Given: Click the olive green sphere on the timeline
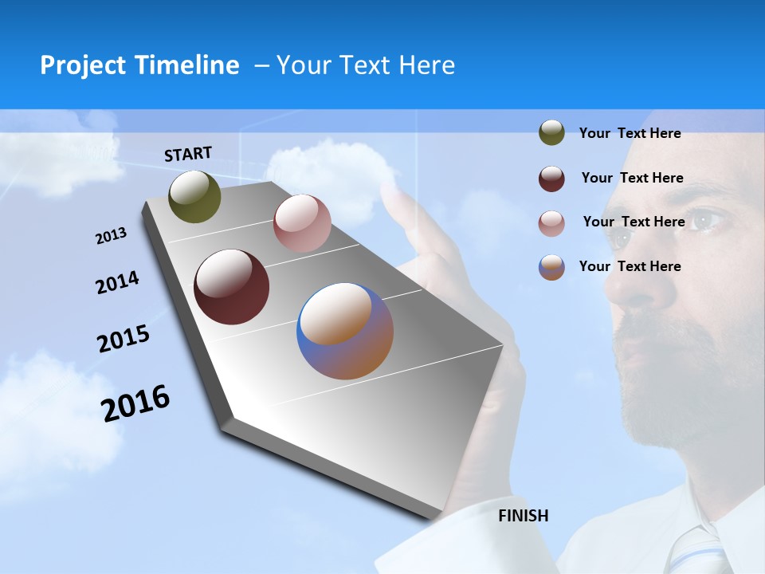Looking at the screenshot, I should pyautogui.click(x=195, y=196).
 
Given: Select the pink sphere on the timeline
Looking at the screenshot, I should pyautogui.click(x=302, y=223).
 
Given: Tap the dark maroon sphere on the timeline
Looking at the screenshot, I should pyautogui.click(x=232, y=287).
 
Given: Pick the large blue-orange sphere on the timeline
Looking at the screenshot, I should pyautogui.click(x=345, y=331).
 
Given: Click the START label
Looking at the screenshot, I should pyautogui.click(x=188, y=154).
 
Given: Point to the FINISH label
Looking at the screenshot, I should pyautogui.click(x=524, y=516).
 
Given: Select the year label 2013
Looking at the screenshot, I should pyautogui.click(x=111, y=236).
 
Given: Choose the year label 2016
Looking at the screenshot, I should pyautogui.click(x=135, y=403).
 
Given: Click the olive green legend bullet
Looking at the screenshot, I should pyautogui.click(x=551, y=133).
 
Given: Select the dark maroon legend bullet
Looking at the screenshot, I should pyautogui.click(x=551, y=179).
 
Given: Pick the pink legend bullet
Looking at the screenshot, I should pyautogui.click(x=551, y=223).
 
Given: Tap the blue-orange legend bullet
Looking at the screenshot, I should pyautogui.click(x=551, y=267).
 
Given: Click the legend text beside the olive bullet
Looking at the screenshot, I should pyautogui.click(x=630, y=133).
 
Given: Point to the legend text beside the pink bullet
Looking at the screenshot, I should pyautogui.click(x=634, y=222).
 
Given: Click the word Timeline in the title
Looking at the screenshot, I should pyautogui.click(x=186, y=65).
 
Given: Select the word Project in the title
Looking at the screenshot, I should pyautogui.click(x=82, y=65).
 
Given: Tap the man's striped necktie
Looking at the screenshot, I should pyautogui.click(x=691, y=550).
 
